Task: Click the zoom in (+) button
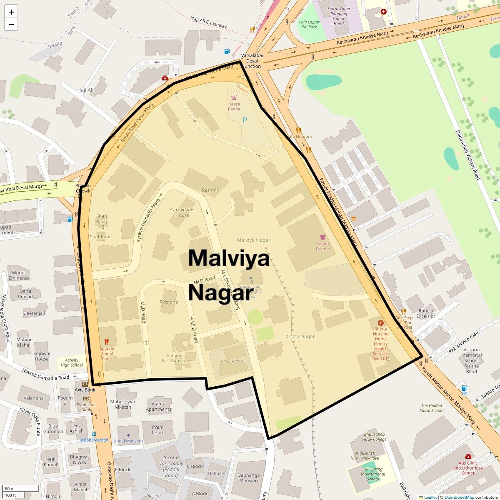11,12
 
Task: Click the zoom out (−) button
11,25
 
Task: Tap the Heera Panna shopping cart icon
234,96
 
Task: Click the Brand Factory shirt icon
322,237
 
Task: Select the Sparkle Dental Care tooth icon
106,342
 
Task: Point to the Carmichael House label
182,212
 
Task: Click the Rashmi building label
210,190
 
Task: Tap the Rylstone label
169,302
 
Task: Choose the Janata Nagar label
299,336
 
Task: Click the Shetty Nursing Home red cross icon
380,323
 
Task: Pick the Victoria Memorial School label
471,360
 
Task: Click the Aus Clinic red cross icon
468,456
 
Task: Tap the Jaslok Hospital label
94,440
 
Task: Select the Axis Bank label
85,390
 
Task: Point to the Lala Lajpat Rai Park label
309,25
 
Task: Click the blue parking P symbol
245,120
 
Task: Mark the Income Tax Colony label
171,466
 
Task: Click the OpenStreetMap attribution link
459,497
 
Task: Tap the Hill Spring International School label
372,474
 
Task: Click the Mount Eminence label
19,275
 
